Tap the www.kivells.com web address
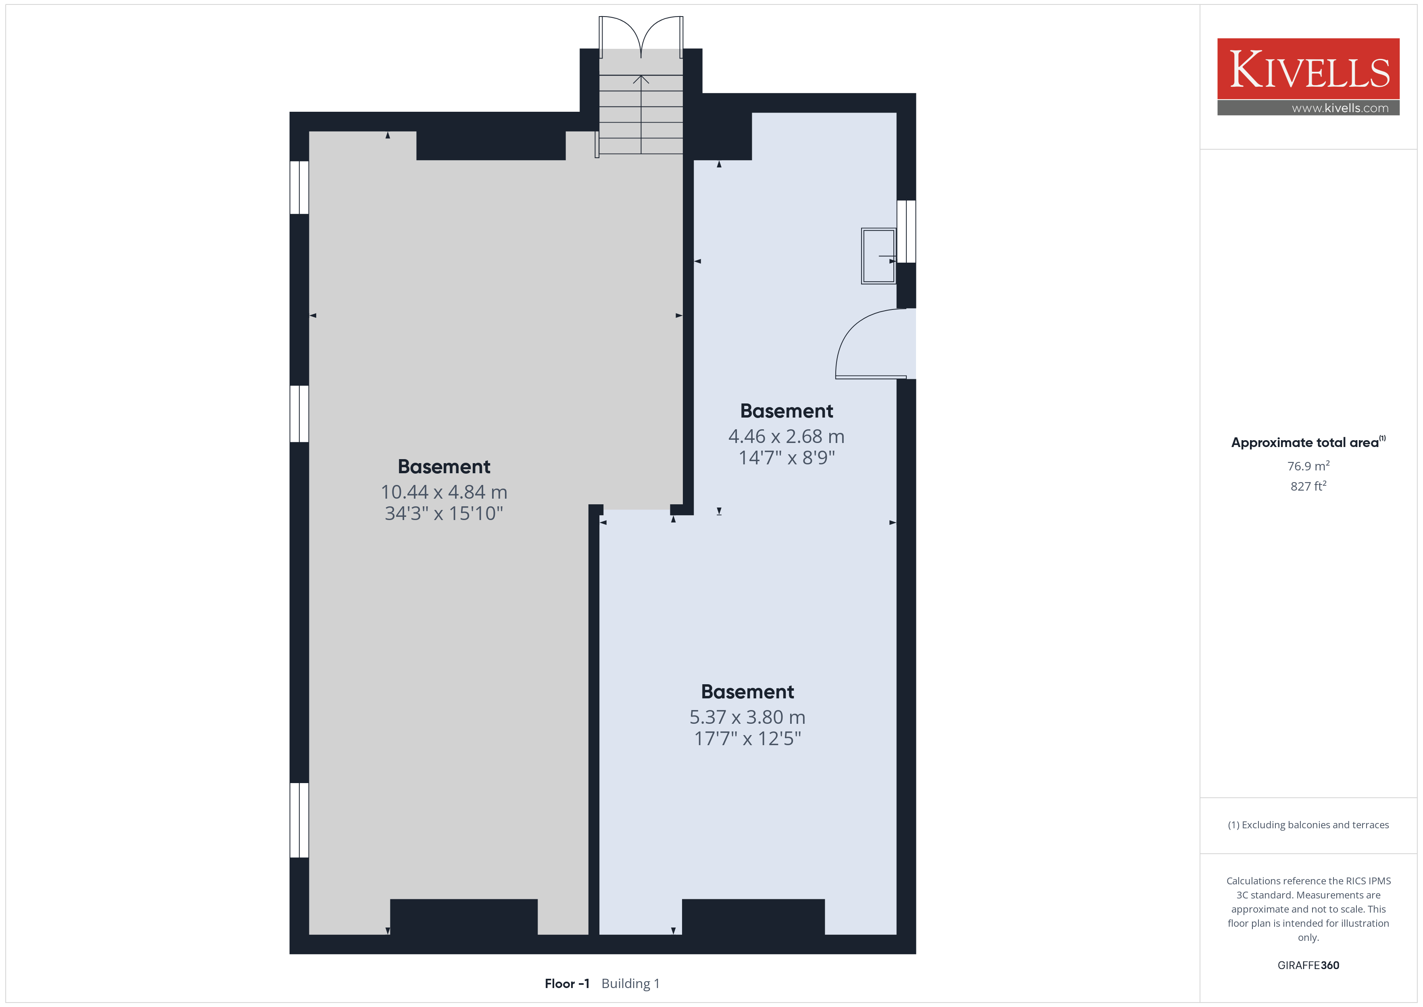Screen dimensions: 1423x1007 point(1340,108)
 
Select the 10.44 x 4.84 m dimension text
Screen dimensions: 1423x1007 point(444,492)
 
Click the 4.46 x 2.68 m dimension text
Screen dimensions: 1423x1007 point(786,437)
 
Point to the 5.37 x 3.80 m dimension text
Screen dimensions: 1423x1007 point(747,717)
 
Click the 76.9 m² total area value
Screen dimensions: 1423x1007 point(1308,466)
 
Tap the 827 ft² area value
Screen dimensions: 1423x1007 point(1308,486)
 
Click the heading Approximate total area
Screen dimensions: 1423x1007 point(1305,442)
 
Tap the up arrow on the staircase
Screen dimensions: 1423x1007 point(641,115)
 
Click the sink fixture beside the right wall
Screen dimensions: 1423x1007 point(878,256)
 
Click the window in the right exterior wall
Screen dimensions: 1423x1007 point(906,231)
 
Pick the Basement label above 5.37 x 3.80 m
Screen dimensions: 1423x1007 point(747,692)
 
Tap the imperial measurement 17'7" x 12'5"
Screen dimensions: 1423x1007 point(747,739)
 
